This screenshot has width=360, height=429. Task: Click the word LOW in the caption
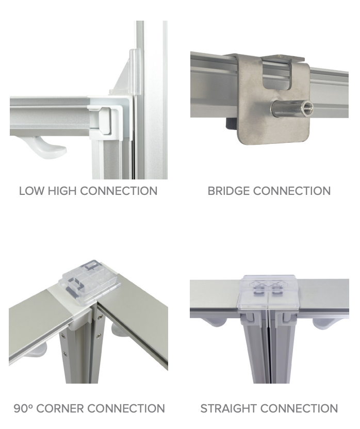coord(31,191)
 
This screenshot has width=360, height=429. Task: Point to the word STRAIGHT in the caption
coord(228,408)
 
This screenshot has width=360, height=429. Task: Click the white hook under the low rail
coord(48,146)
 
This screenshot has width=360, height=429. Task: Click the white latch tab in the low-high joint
coord(105,120)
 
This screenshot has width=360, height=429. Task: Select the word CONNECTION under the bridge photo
coord(292,191)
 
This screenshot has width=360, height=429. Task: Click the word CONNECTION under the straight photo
coord(299,408)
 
